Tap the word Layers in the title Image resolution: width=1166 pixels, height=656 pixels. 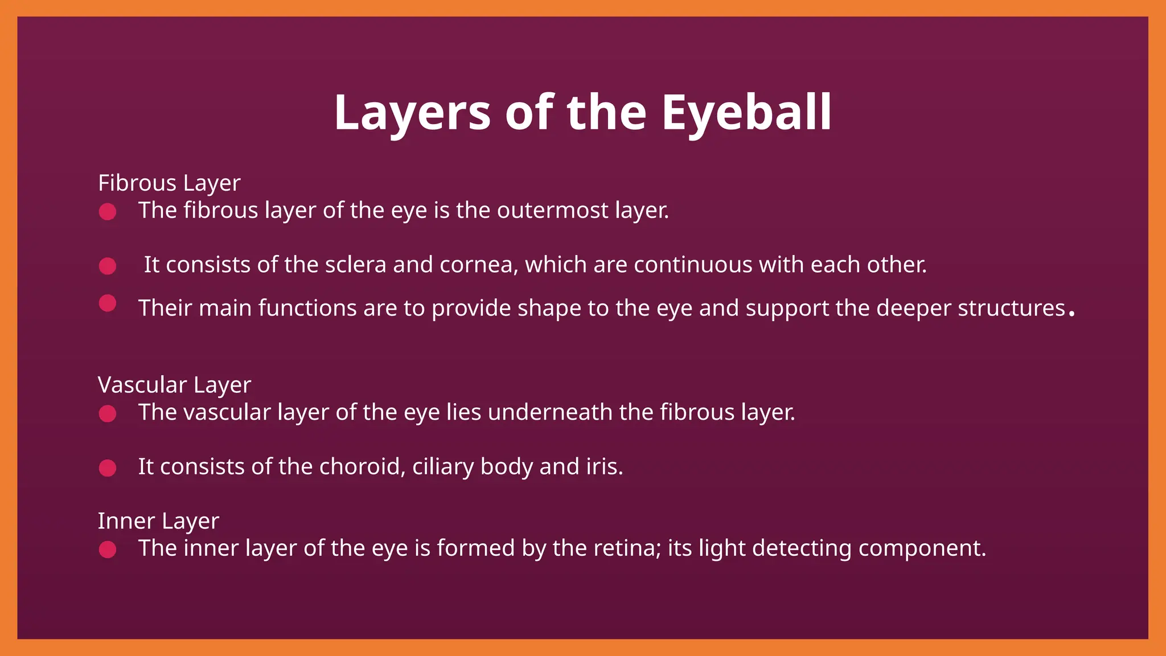(412, 113)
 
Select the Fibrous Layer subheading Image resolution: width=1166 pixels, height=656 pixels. (169, 183)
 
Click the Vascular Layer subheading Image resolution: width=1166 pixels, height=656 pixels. (174, 385)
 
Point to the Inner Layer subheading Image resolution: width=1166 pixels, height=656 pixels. (158, 521)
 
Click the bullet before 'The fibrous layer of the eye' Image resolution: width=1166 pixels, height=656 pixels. (108, 212)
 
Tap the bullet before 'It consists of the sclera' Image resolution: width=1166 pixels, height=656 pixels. (108, 266)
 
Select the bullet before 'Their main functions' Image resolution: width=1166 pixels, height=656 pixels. (108, 303)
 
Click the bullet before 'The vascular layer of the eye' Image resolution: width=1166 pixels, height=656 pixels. (108, 413)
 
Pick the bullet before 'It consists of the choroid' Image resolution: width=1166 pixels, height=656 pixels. (108, 468)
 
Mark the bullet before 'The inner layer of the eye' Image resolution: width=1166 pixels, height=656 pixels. (108, 550)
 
